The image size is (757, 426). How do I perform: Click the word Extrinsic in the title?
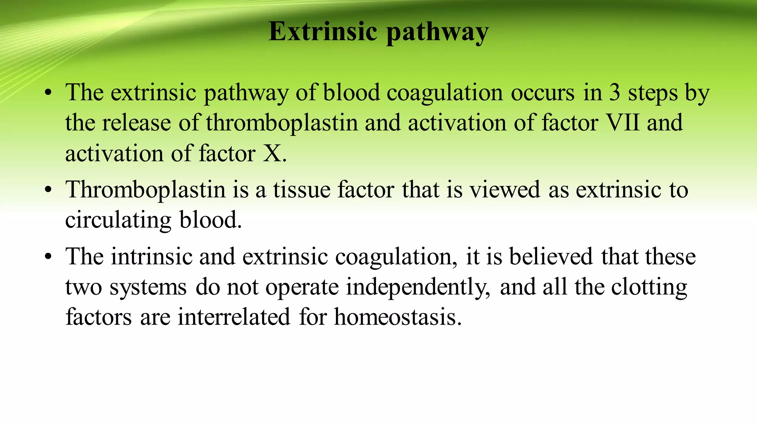click(x=323, y=31)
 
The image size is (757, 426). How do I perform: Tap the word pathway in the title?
click(x=437, y=33)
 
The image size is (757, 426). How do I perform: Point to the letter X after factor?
click(x=272, y=153)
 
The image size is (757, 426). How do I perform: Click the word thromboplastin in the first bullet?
click(x=282, y=123)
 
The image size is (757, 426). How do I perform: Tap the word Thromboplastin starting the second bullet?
click(x=145, y=190)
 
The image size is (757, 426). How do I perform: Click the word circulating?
click(x=118, y=220)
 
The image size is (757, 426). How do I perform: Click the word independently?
click(x=418, y=287)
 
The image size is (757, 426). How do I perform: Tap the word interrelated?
click(x=234, y=317)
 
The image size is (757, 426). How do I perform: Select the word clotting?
click(x=649, y=287)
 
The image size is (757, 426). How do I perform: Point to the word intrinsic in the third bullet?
click(x=152, y=257)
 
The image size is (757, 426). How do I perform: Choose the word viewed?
click(x=505, y=190)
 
